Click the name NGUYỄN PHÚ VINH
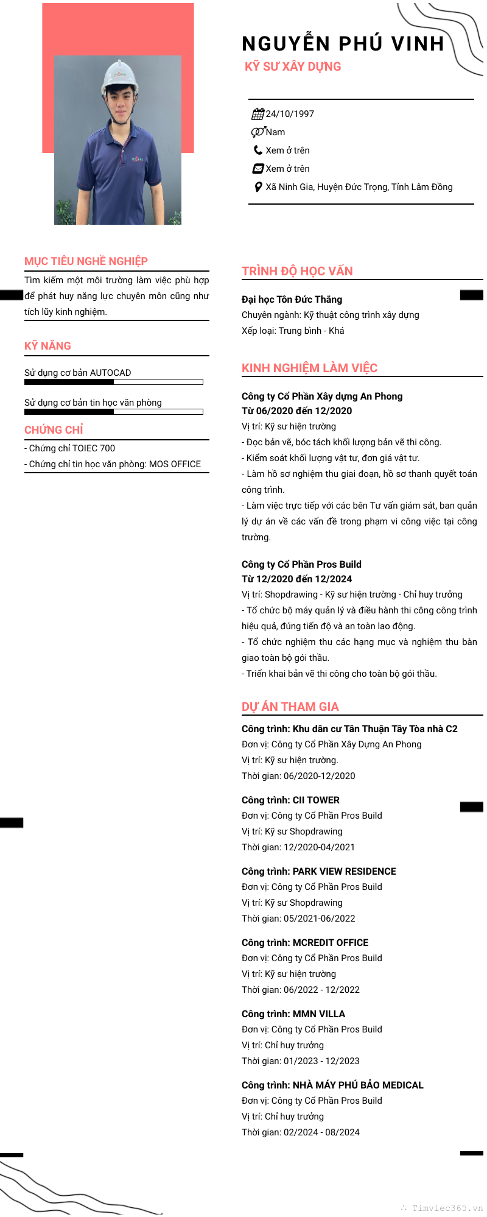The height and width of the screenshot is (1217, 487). pyautogui.click(x=343, y=44)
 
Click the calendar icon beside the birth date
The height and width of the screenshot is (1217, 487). pyautogui.click(x=258, y=114)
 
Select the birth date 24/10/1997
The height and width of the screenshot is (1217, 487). pyautogui.click(x=290, y=114)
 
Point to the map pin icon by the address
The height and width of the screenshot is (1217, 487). pyautogui.click(x=258, y=187)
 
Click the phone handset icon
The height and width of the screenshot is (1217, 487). pyautogui.click(x=258, y=150)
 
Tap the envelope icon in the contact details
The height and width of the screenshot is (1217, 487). pyautogui.click(x=258, y=169)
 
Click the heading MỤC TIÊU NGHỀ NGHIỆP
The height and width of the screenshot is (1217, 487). pyautogui.click(x=86, y=261)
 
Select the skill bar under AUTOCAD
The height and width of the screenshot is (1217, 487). pyautogui.click(x=113, y=382)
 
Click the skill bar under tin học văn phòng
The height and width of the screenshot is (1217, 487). pyautogui.click(x=113, y=412)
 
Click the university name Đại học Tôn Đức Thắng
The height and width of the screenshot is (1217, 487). pyautogui.click(x=292, y=300)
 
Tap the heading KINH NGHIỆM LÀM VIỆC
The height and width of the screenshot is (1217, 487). pyautogui.click(x=309, y=368)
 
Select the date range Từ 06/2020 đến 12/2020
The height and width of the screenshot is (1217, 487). pyautogui.click(x=296, y=411)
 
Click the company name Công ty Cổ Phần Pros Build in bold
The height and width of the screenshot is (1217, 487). pyautogui.click(x=301, y=565)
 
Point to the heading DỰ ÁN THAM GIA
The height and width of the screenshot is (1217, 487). pyautogui.click(x=290, y=707)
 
